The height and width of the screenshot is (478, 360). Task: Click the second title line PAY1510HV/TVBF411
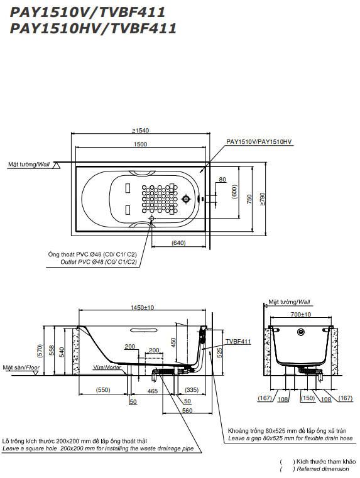[x=93, y=28]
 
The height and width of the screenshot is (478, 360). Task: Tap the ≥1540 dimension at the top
[x=140, y=131]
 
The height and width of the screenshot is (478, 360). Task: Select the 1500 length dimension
[x=140, y=144]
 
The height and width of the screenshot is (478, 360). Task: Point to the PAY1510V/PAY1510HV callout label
[x=258, y=143]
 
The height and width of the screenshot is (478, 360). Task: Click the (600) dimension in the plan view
[x=234, y=192]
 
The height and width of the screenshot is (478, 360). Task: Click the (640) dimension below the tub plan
[x=178, y=242]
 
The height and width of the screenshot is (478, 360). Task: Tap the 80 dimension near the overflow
[x=221, y=180]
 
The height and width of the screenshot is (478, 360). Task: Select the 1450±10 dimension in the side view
[x=142, y=308]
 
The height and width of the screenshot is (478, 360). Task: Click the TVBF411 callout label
[x=239, y=341]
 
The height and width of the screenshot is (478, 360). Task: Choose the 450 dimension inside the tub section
[x=173, y=342]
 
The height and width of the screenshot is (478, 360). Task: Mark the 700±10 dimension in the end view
[x=301, y=314]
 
